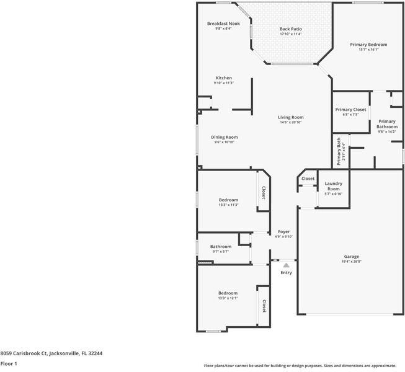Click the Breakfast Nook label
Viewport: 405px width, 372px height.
tap(223, 24)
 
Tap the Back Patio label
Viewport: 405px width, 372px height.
tap(290, 29)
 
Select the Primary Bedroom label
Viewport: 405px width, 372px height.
tap(368, 45)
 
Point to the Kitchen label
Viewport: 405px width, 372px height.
tap(223, 78)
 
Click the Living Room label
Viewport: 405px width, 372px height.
tap(290, 117)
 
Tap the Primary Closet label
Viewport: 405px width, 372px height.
tap(351, 110)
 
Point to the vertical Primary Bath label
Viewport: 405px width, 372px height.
tap(339, 151)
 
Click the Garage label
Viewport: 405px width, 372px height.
tap(352, 257)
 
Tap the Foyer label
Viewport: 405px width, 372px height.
tap(283, 231)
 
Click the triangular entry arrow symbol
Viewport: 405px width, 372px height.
tap(286, 265)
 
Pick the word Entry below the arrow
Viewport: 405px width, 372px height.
tap(286, 273)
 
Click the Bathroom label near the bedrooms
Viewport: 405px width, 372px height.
tap(220, 246)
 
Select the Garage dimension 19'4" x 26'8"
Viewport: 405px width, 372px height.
tap(352, 262)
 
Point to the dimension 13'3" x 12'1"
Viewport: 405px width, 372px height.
tap(228, 298)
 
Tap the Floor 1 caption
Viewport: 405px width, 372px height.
tap(9, 363)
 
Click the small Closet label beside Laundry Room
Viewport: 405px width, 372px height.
tap(308, 179)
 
